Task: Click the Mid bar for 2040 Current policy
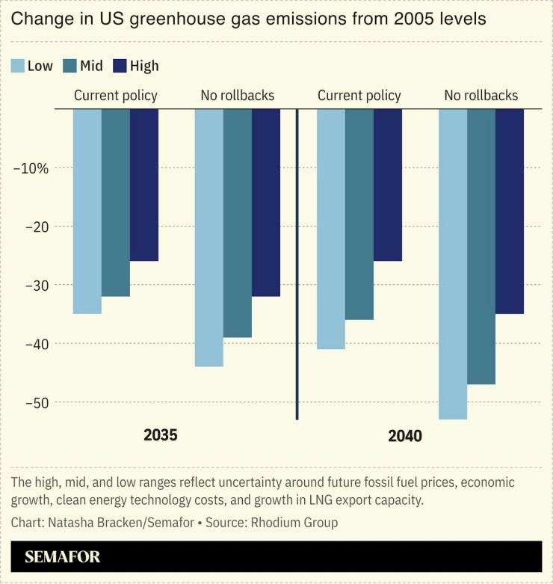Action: tap(359, 214)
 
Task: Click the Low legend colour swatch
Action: tap(18, 66)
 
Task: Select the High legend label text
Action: tap(144, 66)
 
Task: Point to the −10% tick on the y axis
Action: tap(31, 167)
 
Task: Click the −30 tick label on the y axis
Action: tap(34, 285)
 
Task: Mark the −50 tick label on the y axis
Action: tap(34, 402)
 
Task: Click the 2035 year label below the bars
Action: tap(161, 435)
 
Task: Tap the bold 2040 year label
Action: tap(405, 435)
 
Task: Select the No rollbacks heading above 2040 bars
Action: tap(481, 96)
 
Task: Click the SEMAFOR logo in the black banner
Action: tap(62, 557)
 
